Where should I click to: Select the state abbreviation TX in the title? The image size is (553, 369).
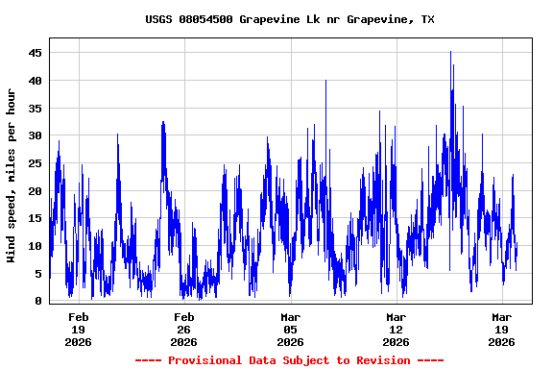(x=427, y=19)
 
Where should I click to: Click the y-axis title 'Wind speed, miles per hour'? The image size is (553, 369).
(x=12, y=175)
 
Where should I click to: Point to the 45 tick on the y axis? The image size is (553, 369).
(x=36, y=53)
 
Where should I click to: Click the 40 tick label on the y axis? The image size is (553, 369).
(x=36, y=81)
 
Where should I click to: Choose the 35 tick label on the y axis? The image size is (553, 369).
(x=36, y=109)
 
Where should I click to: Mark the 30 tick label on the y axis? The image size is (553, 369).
(x=36, y=135)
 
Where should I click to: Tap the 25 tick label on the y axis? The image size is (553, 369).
(x=36, y=163)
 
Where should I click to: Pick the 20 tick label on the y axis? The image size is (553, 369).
(x=36, y=191)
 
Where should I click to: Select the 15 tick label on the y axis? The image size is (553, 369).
(x=36, y=218)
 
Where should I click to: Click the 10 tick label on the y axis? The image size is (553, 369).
(x=36, y=246)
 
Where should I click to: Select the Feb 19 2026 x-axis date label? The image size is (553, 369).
(x=79, y=329)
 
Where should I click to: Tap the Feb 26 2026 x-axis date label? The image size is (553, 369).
(x=184, y=329)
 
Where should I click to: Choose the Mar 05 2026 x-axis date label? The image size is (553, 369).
(x=290, y=329)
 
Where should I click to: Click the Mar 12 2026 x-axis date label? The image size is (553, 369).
(x=396, y=329)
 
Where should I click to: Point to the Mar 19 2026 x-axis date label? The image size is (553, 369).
(x=501, y=329)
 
